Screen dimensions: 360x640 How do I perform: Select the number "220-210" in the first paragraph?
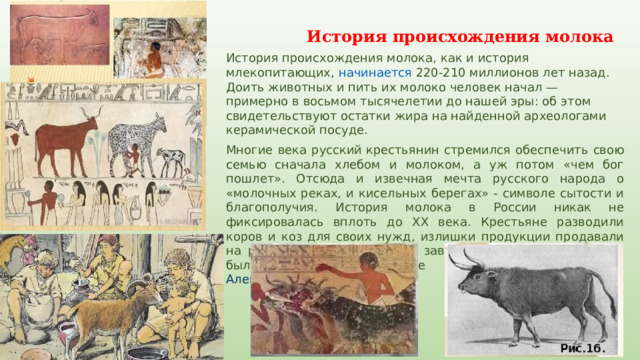443,72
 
